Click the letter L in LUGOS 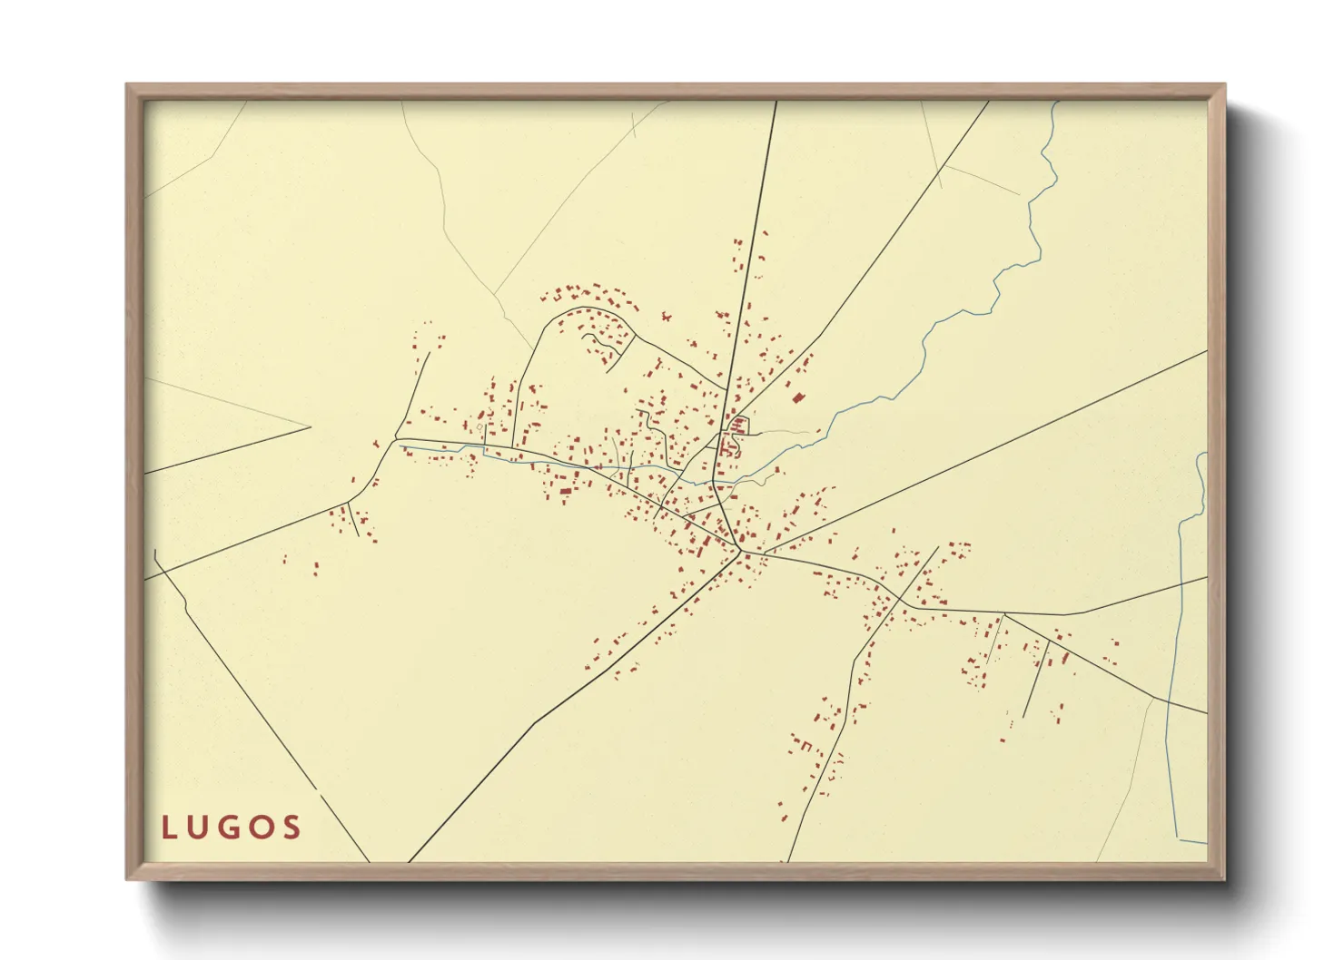coord(169,828)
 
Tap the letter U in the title coord(199,828)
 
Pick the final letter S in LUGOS coord(292,828)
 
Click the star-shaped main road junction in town coord(741,550)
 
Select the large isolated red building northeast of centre coord(798,397)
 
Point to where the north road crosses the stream coord(717,480)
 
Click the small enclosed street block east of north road coord(737,426)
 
